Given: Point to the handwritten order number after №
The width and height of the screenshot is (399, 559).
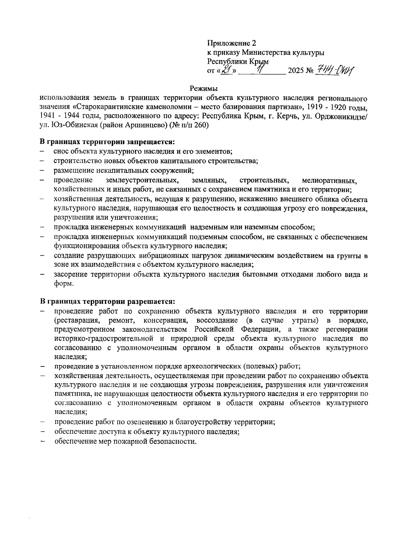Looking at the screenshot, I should coord(334,70).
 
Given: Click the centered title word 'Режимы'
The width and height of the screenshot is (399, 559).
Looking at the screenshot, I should coord(203,89).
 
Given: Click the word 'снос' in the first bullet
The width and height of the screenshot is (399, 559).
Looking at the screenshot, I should coord(60,152).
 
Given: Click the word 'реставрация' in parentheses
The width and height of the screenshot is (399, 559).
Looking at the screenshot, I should coord(78,320).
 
